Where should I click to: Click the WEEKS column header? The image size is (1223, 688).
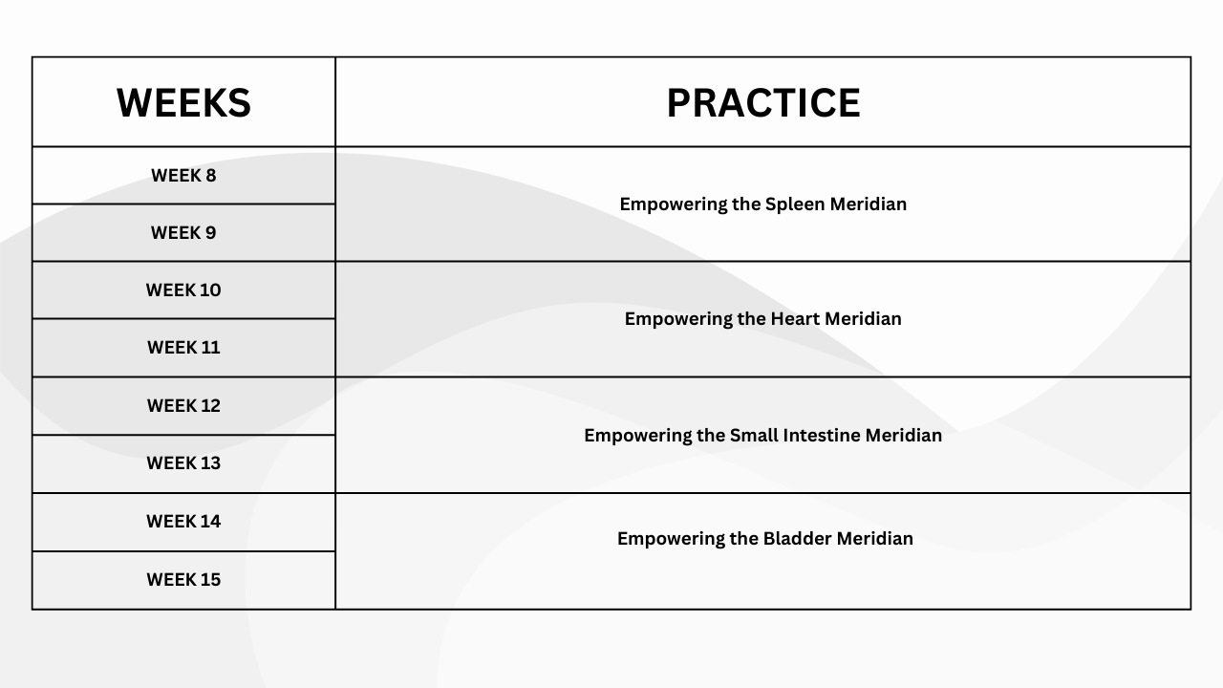point(183,102)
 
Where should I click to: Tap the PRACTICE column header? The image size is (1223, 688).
point(763,102)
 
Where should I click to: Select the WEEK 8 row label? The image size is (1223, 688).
point(183,175)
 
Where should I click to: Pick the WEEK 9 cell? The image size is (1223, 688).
point(183,232)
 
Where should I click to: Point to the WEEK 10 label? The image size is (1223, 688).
point(183,290)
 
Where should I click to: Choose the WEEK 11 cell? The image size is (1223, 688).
point(183,347)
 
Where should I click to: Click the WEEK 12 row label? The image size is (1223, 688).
point(183,406)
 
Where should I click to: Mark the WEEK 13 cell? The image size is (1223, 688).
point(183,463)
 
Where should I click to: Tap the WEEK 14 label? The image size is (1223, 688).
point(183,522)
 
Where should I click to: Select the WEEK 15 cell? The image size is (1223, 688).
point(183,579)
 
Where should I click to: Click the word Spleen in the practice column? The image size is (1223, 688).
point(795,204)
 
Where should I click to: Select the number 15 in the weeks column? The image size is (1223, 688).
point(209,579)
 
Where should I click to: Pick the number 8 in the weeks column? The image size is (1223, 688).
point(210,175)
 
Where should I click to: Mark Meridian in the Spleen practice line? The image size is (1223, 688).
point(869,204)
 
